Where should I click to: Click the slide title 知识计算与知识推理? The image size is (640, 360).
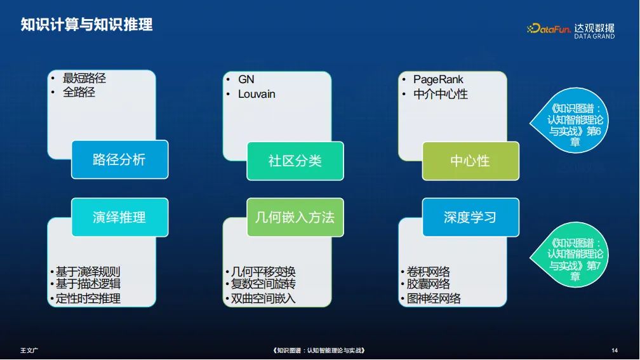click(x=87, y=25)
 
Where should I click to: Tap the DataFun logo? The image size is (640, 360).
click(x=548, y=29)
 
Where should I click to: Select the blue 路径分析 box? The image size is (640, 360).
click(x=119, y=159)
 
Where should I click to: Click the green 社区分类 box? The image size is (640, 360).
click(x=295, y=161)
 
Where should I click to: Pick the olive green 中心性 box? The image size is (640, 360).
click(x=470, y=161)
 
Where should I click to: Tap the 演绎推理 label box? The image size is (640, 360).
click(x=119, y=217)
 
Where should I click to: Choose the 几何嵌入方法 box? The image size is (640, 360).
click(x=295, y=217)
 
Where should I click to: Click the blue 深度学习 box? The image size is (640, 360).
click(x=470, y=217)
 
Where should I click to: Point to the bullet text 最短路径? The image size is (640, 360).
click(x=84, y=79)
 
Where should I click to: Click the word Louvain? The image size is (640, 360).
click(x=257, y=94)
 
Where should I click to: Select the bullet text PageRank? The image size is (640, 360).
click(x=438, y=79)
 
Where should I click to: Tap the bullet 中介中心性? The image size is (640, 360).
click(x=440, y=94)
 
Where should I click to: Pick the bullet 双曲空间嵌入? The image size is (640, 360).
click(x=263, y=298)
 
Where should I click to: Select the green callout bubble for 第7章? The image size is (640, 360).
click(x=575, y=259)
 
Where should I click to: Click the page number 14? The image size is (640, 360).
click(x=614, y=350)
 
